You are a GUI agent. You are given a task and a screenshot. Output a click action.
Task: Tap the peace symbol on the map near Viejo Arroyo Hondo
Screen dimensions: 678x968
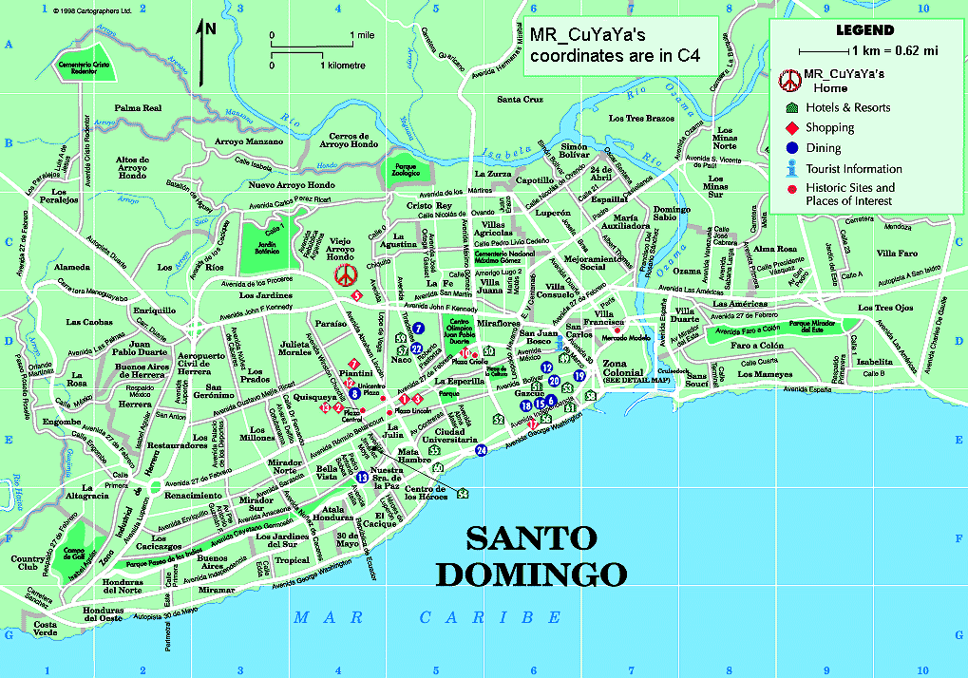(347, 275)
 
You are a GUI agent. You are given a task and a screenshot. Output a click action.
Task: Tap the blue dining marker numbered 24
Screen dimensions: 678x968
(482, 450)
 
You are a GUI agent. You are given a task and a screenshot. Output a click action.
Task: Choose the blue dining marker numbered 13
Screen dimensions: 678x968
(361, 478)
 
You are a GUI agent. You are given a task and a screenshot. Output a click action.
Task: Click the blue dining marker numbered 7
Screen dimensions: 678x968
(417, 329)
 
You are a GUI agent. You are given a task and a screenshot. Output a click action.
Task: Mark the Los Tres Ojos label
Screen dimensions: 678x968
(884, 308)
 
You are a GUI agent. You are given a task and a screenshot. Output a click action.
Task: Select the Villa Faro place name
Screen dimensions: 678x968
(896, 254)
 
